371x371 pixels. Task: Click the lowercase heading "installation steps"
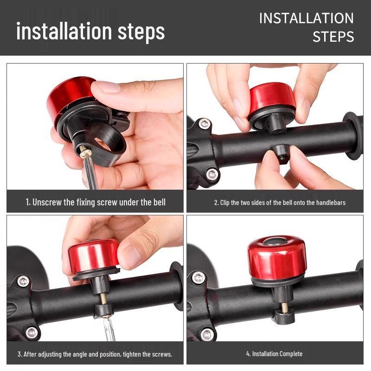tap(90, 31)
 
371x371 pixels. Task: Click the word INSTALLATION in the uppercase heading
tap(307, 18)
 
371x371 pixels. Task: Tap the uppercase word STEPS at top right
tap(333, 37)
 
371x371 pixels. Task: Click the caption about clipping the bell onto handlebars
tap(280, 203)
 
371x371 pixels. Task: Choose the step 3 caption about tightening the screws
tap(95, 354)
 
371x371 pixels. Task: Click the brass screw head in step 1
tap(85, 154)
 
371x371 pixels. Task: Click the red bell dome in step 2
tap(272, 96)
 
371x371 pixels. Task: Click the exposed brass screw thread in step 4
tap(285, 307)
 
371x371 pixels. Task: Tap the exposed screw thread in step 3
tap(103, 299)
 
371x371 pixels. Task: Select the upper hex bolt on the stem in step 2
tap(205, 123)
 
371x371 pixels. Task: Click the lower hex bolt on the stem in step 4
tap(208, 334)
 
